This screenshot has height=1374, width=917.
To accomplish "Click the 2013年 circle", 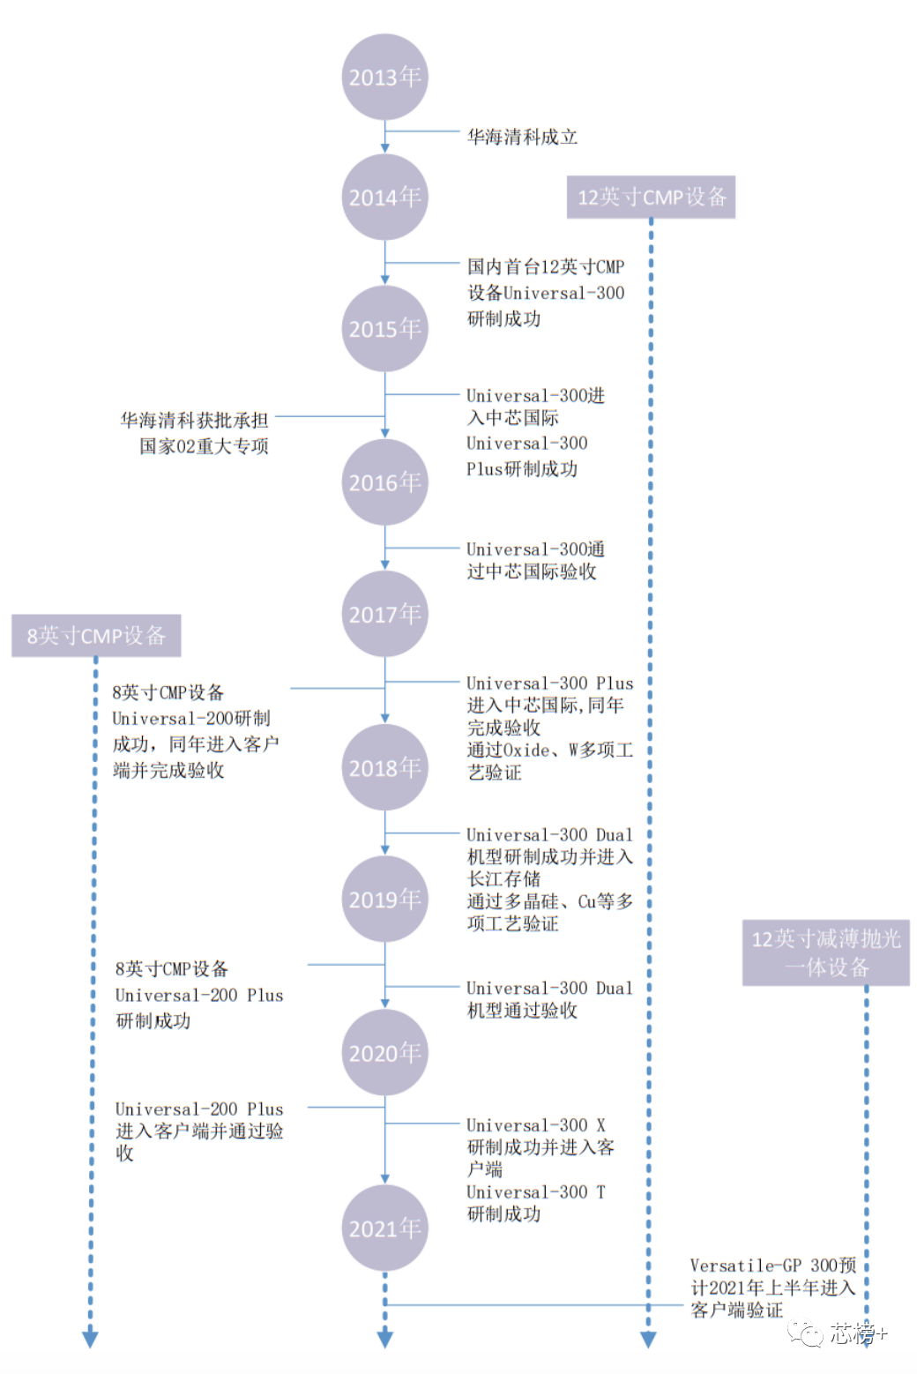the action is coord(384,77).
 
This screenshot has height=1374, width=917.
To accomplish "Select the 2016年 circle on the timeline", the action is coord(384,482).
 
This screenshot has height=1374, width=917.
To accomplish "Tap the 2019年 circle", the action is coord(384,899).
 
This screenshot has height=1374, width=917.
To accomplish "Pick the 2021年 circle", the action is coord(384,1228).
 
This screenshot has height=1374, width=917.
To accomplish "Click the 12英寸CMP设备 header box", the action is coord(651,197).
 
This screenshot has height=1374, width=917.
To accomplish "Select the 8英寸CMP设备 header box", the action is coord(96,636).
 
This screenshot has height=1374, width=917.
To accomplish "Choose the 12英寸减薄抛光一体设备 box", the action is coord(825,952).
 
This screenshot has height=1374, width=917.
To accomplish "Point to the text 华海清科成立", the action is coord(522,137).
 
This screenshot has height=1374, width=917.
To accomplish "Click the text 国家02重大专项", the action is coord(204,446).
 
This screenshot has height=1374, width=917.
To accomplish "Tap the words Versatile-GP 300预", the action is coord(773,1266).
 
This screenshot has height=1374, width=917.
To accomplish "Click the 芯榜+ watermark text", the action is coord(859,1333).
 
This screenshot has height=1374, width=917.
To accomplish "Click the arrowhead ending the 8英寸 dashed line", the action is coord(90,1340).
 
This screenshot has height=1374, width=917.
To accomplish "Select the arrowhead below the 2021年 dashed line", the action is coord(384,1340).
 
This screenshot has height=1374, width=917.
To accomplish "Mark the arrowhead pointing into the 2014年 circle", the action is coord(384,148).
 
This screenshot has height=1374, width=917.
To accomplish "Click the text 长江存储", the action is coord(503,879).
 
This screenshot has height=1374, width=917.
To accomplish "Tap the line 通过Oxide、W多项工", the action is coord(549,750).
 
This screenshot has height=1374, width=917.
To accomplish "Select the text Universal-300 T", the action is coord(536,1191).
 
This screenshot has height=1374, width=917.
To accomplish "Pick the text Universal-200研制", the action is coord(191,718).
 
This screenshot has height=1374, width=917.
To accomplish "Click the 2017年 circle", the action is coord(384,614).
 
